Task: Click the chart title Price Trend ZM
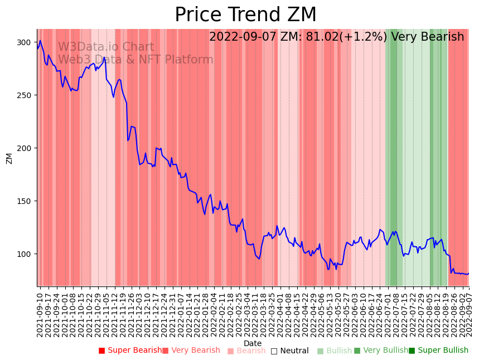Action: click(245, 15)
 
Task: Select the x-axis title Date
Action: click(253, 344)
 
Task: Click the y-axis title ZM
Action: click(9, 158)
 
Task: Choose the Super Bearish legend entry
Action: click(130, 351)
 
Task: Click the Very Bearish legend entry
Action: click(191, 351)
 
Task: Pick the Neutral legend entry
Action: click(290, 351)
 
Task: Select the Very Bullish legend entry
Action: click(381, 351)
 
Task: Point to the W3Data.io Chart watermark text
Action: click(106, 47)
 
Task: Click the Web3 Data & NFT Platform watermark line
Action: click(136, 60)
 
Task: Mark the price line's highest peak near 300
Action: click(40, 41)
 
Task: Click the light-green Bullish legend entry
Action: click(335, 351)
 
